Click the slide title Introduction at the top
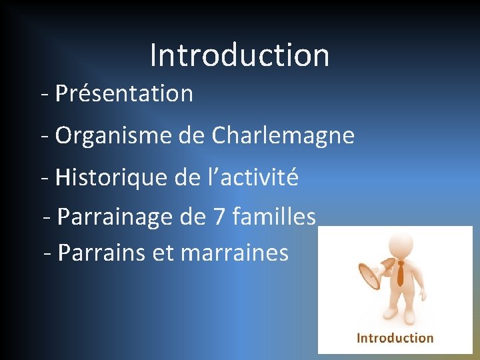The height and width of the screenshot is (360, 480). coord(239,55)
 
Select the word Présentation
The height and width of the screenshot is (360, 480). coord(124,94)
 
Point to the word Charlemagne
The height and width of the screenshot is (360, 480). coord(283,136)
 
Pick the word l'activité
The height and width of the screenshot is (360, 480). coord(255,177)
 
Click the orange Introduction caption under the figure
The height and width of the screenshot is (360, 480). coord(395,338)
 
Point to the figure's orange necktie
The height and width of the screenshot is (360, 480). coord(400,273)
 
